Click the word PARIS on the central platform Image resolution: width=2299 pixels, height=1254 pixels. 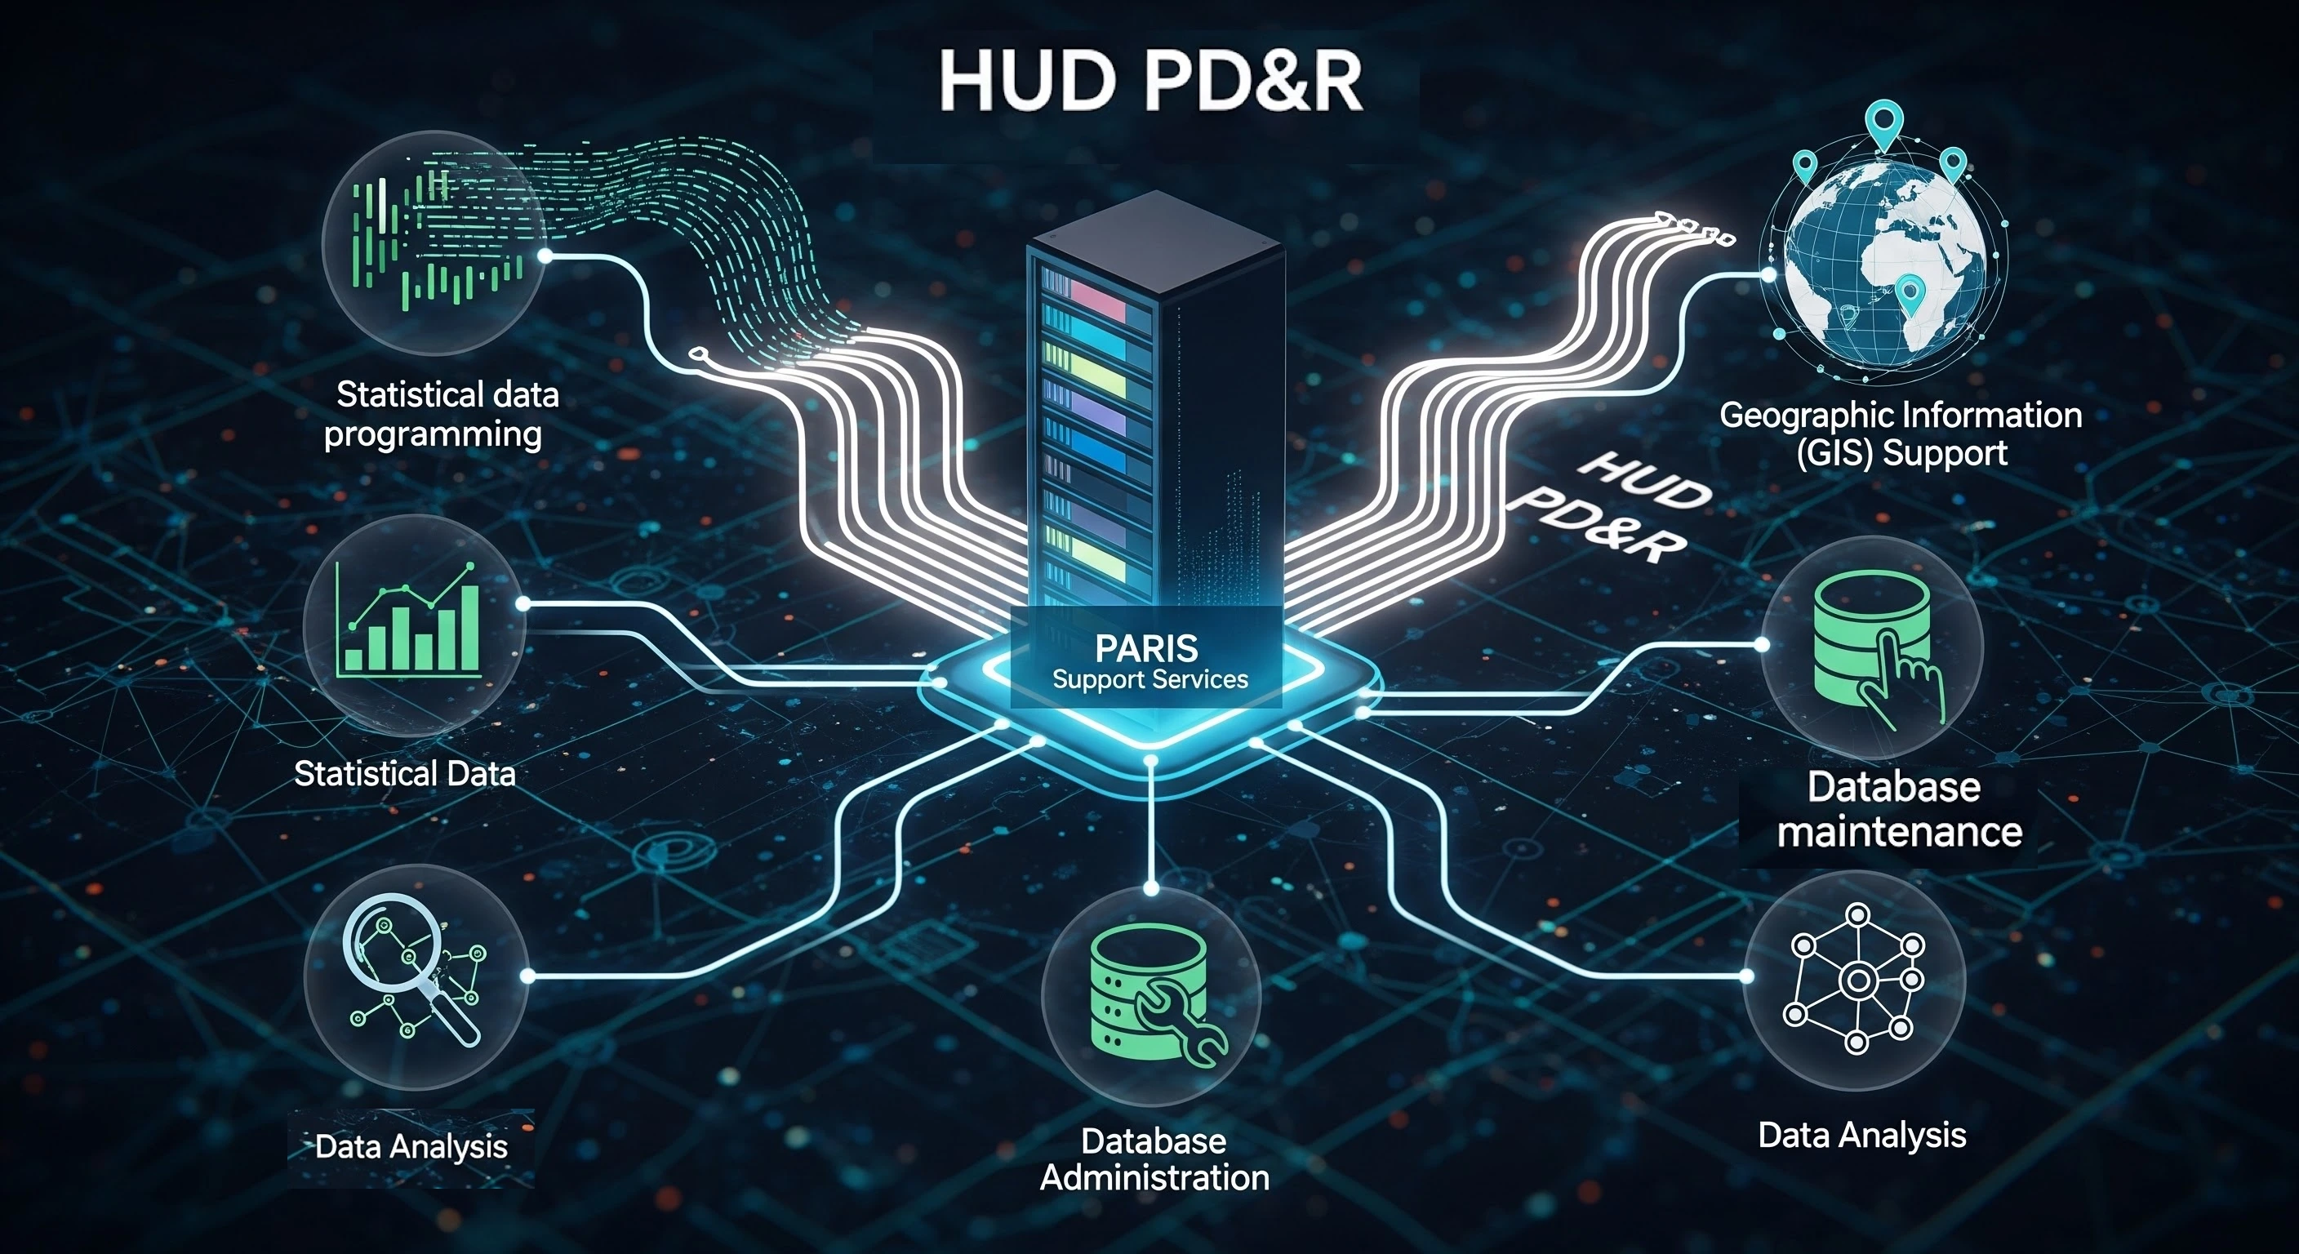(1147, 647)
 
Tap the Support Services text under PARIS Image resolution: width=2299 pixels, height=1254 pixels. (1149, 679)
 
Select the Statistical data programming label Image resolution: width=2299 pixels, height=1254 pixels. (441, 414)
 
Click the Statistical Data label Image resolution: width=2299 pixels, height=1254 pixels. (404, 773)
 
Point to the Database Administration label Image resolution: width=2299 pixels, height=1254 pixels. (1154, 1159)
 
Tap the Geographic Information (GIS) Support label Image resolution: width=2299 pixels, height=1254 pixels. (1900, 434)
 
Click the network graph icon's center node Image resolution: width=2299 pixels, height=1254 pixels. (1857, 981)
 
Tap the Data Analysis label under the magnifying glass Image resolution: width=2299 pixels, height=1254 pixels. (411, 1146)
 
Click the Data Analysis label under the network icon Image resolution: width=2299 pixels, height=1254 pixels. (1861, 1136)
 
